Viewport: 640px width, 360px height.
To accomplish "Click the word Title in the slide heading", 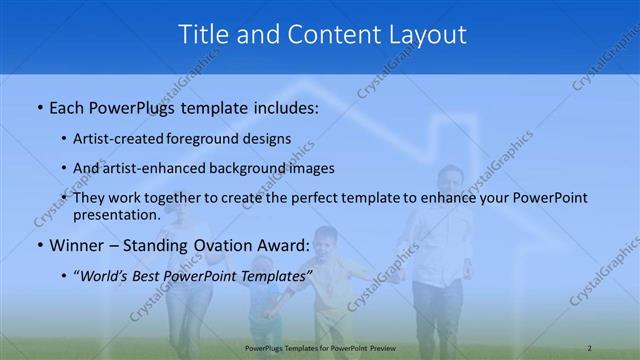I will tap(204, 34).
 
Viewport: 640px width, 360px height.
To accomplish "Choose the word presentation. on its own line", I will tap(117, 214).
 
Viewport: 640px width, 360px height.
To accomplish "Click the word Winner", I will tap(77, 244).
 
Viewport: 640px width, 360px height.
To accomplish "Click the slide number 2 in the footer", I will tap(590, 347).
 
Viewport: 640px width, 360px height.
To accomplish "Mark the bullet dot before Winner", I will tap(39, 245).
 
